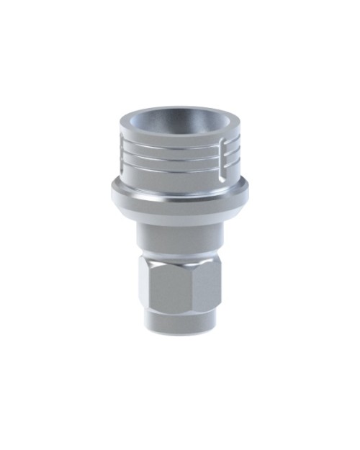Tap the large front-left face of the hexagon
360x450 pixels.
(167, 292)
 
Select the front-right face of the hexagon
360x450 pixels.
(207, 292)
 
